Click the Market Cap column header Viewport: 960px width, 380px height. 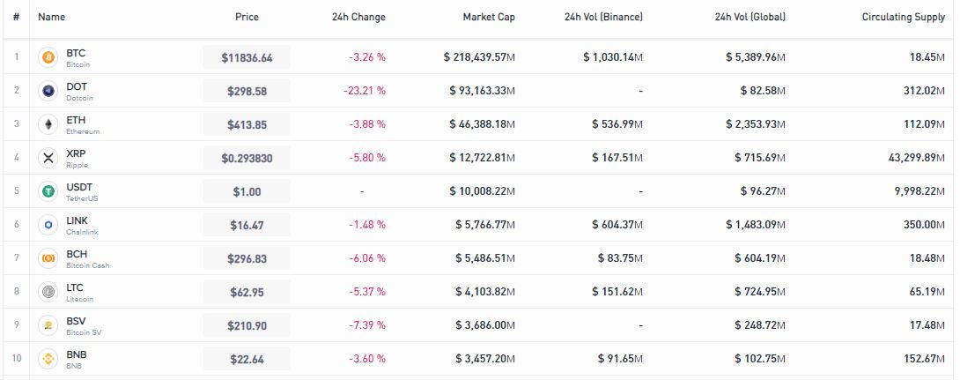[x=489, y=17]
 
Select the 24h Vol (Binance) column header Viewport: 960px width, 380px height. [x=603, y=17]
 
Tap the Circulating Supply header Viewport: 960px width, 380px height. [x=904, y=17]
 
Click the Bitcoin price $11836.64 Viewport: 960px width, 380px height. [x=247, y=57]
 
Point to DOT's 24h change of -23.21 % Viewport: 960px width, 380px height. [x=365, y=91]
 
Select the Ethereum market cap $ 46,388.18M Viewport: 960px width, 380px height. [x=482, y=124]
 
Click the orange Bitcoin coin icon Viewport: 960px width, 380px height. [x=48, y=57]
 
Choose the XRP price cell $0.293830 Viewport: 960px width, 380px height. [x=247, y=158]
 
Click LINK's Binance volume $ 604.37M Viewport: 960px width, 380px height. [x=617, y=225]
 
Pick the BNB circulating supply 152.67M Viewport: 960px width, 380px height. [x=927, y=359]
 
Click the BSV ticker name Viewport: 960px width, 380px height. [x=76, y=321]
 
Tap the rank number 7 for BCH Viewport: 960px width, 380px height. [x=17, y=258]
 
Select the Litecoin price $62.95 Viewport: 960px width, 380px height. [x=247, y=293]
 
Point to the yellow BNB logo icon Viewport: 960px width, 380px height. [x=48, y=359]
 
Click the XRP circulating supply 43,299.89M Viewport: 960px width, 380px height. [x=917, y=158]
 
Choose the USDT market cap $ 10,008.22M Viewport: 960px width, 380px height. [x=482, y=191]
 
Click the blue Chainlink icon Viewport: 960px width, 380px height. [x=48, y=225]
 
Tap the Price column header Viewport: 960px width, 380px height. [x=247, y=17]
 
